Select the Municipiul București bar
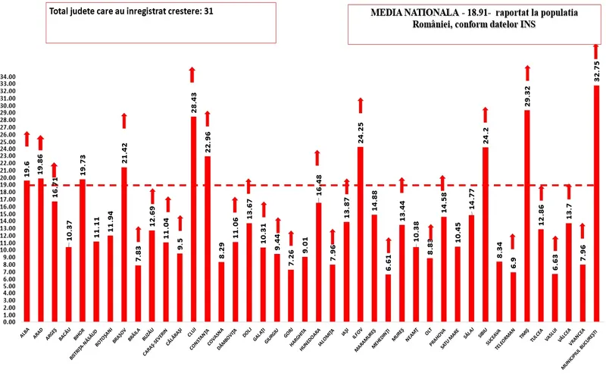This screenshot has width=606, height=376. tap(596, 205)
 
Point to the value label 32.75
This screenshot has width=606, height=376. tap(597, 67)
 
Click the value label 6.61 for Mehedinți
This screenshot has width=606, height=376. tap(388, 261)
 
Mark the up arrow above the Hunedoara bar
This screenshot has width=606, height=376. tap(318, 158)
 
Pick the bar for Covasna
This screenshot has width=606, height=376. tap(221, 292)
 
